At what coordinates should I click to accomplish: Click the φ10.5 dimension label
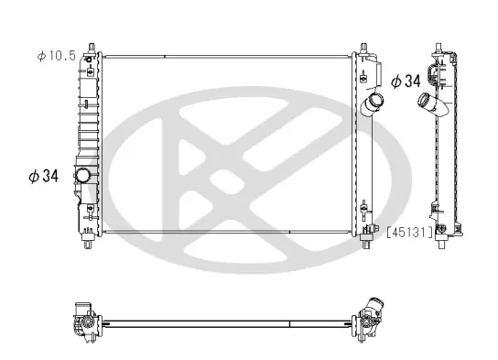point(56,56)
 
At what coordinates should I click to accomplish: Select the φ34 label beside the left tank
point(44,176)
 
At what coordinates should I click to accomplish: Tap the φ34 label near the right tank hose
point(406,81)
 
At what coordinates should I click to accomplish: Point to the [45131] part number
point(410,233)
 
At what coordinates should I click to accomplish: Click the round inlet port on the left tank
point(83,175)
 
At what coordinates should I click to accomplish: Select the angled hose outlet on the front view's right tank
point(373,104)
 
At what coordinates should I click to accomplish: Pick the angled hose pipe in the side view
point(433,104)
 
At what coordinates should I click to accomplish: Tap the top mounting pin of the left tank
point(92,48)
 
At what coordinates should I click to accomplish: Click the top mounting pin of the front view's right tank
point(364,48)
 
